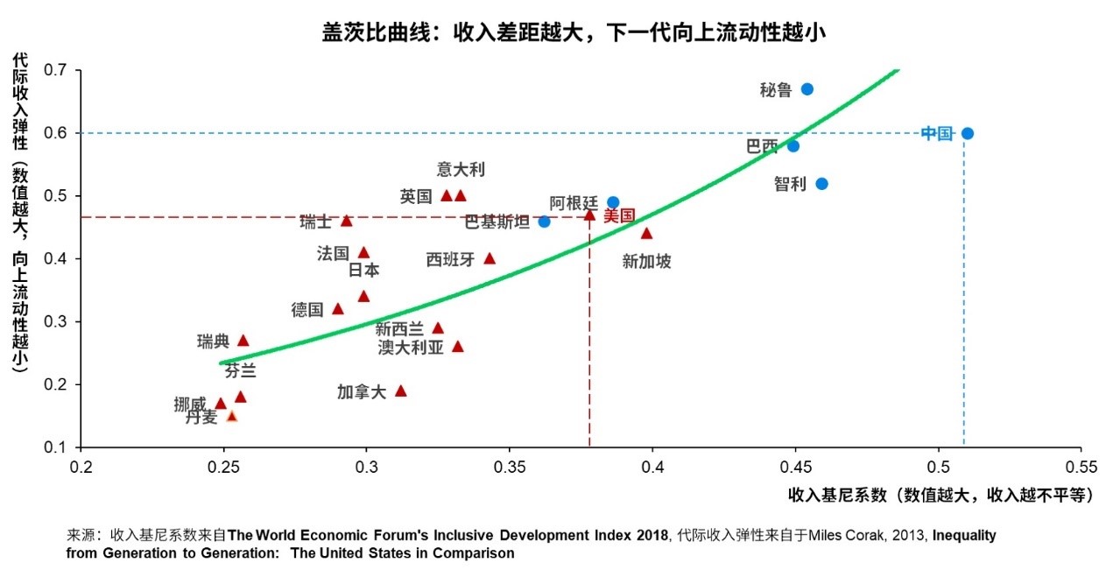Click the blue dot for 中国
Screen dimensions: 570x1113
point(967,133)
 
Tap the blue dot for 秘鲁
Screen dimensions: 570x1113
point(807,89)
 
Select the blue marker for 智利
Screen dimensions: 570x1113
point(821,184)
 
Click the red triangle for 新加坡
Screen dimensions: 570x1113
point(646,234)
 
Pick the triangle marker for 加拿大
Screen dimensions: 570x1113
point(401,391)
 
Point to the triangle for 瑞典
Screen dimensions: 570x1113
point(243,341)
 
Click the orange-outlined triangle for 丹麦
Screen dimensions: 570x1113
point(231,417)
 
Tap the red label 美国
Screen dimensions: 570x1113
point(619,215)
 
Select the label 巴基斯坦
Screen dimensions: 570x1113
point(497,222)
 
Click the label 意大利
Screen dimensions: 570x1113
point(461,170)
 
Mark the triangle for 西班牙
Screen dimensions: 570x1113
point(490,258)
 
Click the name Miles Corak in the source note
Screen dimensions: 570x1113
point(844,535)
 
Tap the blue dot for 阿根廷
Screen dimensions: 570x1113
point(613,202)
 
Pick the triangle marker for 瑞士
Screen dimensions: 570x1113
point(346,222)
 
